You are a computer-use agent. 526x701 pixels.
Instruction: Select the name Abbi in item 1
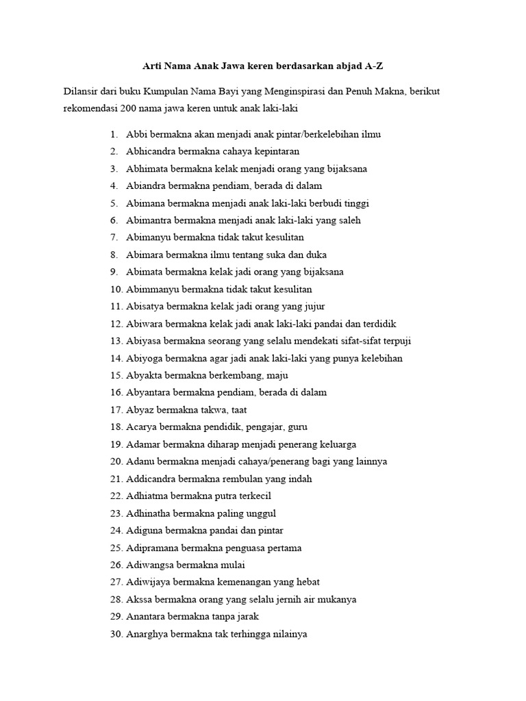click(137, 134)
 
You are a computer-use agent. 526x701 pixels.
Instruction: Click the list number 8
click(114, 255)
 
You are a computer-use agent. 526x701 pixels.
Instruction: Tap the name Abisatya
click(145, 307)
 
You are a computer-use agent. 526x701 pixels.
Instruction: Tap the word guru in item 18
click(297, 427)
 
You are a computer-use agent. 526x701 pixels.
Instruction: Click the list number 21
click(114, 479)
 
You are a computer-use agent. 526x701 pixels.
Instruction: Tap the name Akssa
click(140, 600)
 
